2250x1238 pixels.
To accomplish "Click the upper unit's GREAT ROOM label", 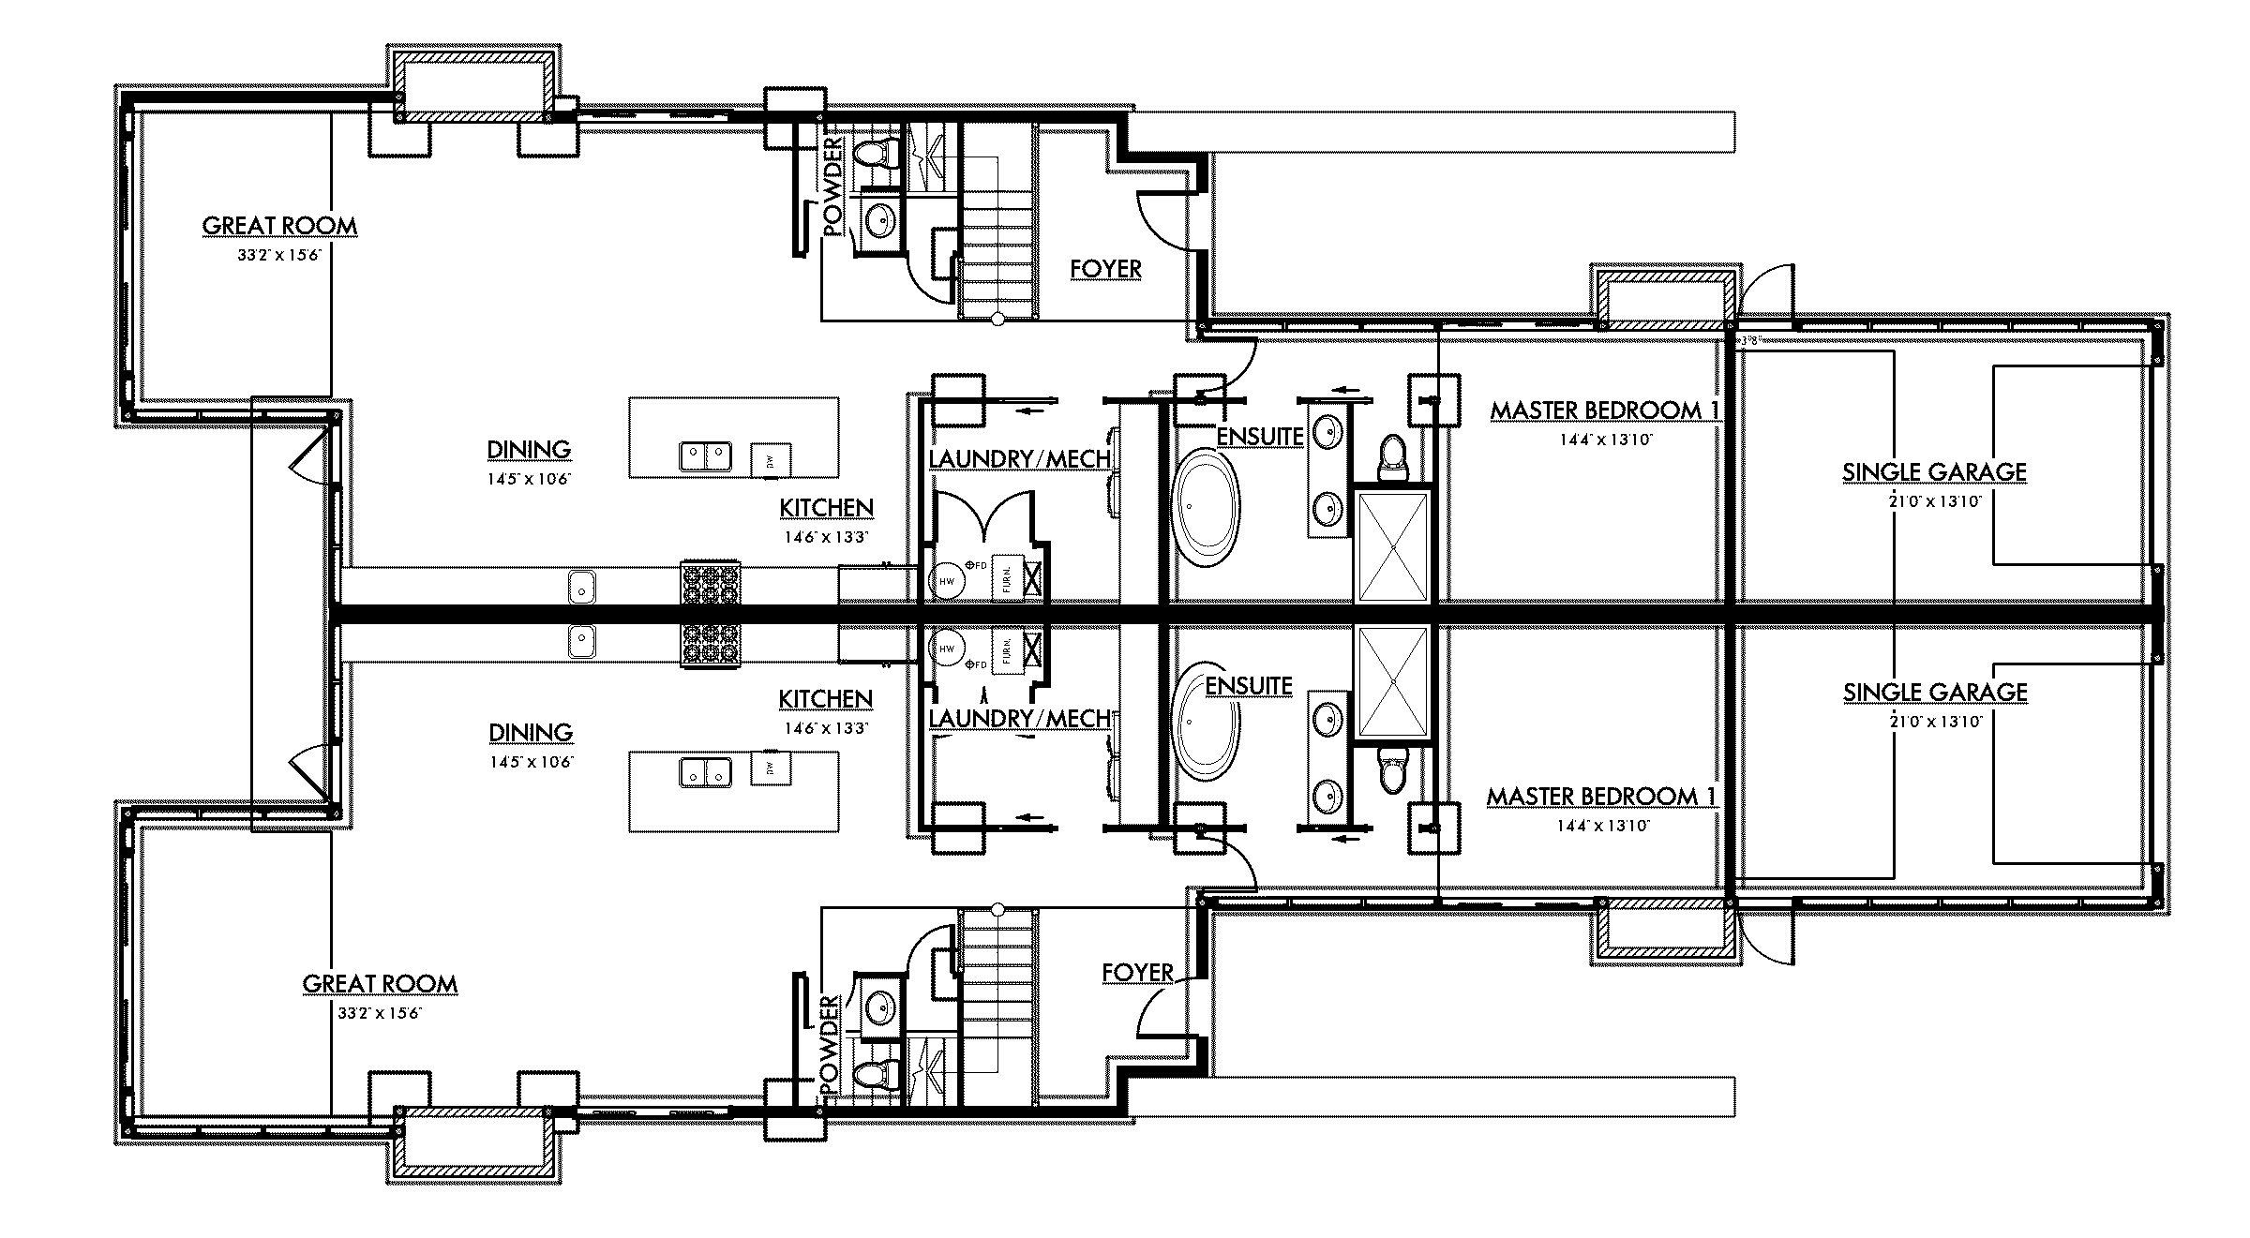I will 279,226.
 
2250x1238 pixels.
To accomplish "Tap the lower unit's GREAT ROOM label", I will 380,984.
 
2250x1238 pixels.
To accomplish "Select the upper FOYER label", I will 1105,269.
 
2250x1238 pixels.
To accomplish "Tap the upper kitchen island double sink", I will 705,456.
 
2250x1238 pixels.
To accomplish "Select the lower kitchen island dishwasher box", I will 771,768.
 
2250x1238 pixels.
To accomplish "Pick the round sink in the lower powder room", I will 879,1008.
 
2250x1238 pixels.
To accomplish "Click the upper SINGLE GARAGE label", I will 1934,472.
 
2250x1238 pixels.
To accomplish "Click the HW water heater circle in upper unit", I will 947,581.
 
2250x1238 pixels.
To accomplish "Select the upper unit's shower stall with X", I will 1393,545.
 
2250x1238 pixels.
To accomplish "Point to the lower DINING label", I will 530,733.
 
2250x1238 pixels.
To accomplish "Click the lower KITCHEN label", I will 825,699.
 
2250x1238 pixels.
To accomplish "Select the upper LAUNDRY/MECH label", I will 1020,459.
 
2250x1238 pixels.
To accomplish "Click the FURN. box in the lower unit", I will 1006,649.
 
